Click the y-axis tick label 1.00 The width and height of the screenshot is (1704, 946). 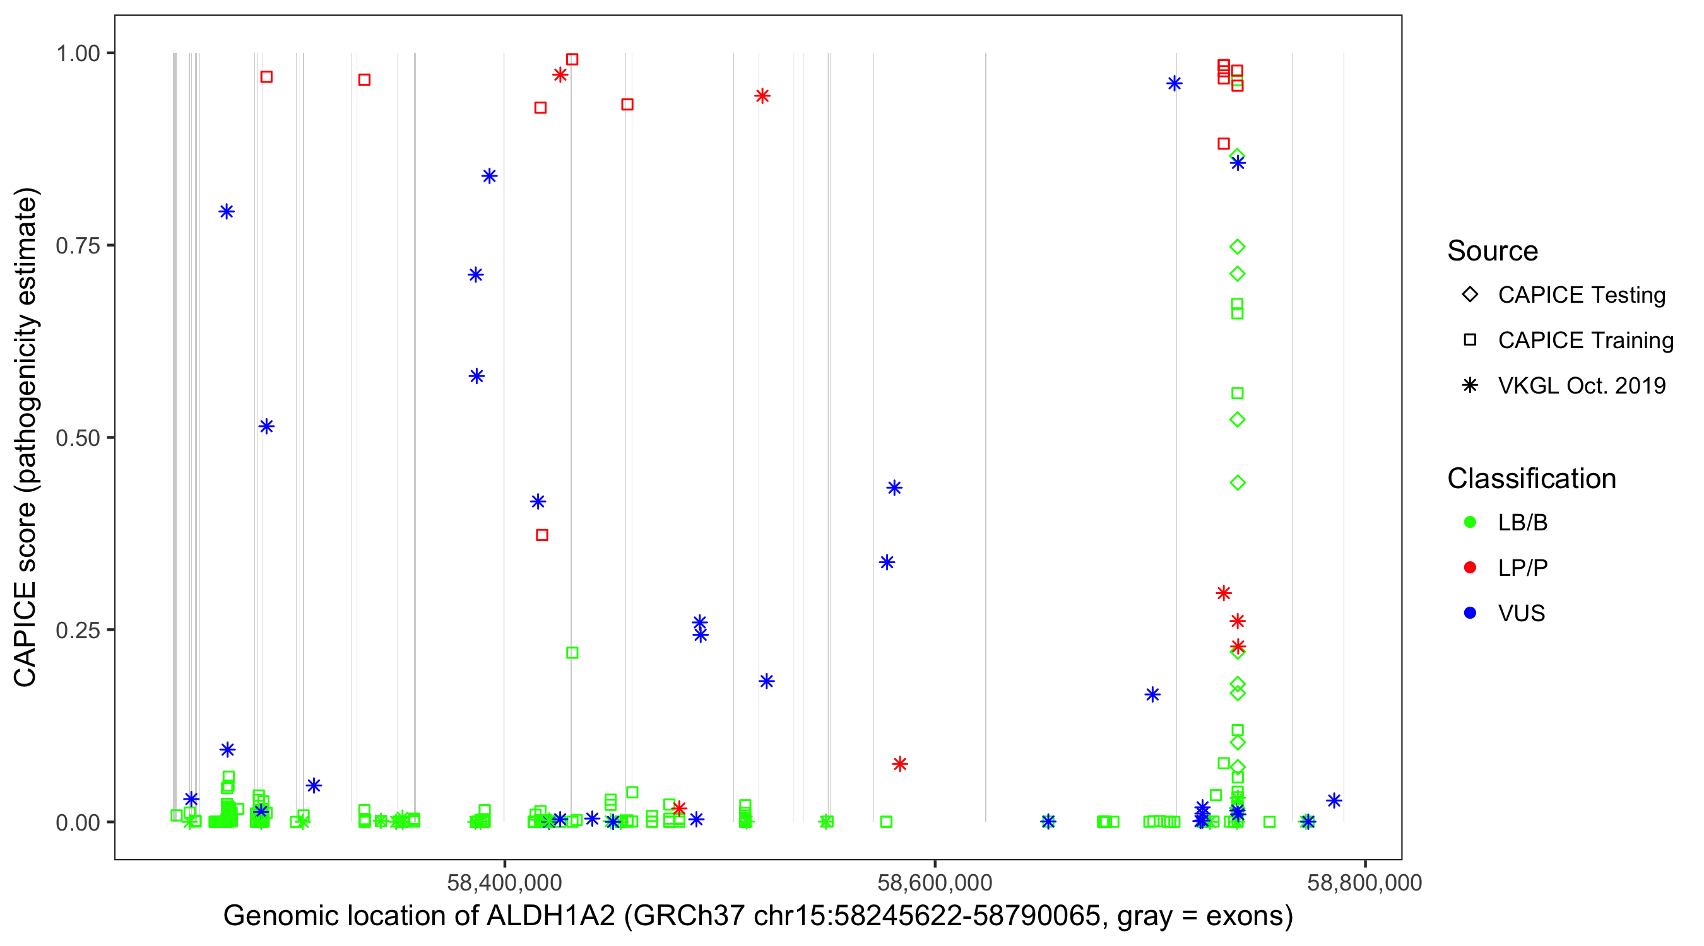[78, 54]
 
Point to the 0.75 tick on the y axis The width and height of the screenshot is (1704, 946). [78, 246]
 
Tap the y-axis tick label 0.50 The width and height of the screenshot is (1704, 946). [78, 438]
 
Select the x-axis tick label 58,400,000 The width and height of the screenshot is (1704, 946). [504, 882]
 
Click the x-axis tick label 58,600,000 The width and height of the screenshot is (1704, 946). [934, 882]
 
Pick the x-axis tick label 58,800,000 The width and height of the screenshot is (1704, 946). [1364, 882]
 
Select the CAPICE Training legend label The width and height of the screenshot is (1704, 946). [1585, 341]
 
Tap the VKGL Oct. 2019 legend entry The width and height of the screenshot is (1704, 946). [1582, 386]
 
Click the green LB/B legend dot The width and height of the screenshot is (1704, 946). [1470, 523]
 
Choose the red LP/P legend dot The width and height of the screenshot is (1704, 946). [1470, 568]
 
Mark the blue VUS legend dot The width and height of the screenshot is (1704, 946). [1470, 614]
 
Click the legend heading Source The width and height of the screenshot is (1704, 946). [1493, 251]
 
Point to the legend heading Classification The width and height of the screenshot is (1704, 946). [1531, 479]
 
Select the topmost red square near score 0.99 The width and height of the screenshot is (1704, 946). [572, 59]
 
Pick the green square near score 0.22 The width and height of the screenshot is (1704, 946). [572, 653]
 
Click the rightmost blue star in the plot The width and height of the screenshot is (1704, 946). [1334, 801]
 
